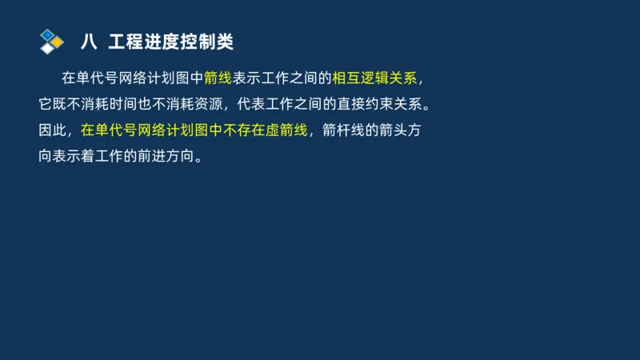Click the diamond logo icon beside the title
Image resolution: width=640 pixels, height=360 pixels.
pos(51,41)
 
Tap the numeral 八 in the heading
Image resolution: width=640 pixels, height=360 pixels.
pos(90,42)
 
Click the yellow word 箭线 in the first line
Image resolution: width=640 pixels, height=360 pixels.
pos(218,78)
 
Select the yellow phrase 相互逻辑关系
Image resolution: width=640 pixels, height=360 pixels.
pos(374,78)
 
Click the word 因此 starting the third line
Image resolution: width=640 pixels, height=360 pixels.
pos(53,130)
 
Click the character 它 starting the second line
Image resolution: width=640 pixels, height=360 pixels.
pos(46,104)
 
